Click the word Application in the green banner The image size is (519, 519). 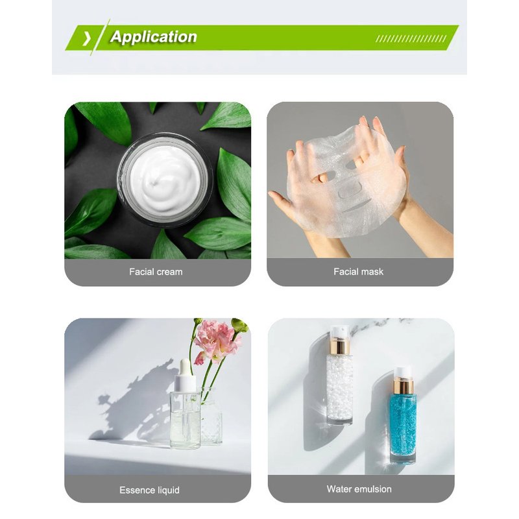tap(154, 37)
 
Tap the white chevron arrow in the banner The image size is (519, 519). tap(87, 38)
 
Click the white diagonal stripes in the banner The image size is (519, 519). tap(411, 39)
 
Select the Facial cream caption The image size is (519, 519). tap(156, 272)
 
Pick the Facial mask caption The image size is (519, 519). tap(359, 272)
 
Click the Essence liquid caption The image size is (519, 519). tap(150, 490)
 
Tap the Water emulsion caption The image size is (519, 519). tap(359, 489)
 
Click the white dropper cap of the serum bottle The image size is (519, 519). tap(186, 376)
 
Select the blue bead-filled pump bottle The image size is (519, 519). tap(403, 415)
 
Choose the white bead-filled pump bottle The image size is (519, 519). tap(339, 375)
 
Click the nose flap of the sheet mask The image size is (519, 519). tap(350, 189)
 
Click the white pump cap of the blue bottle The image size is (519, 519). tap(404, 372)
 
